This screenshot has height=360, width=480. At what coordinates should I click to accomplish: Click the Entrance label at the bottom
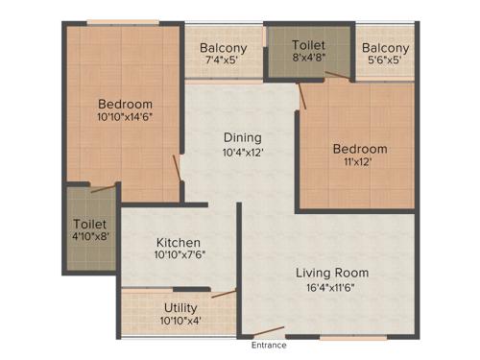[270, 345]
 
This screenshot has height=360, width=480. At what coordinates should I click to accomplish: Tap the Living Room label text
[332, 273]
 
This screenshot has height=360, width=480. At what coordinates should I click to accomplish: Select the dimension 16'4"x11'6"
[332, 287]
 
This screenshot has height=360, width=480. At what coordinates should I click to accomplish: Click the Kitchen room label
[179, 242]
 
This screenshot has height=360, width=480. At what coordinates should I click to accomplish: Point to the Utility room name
[180, 308]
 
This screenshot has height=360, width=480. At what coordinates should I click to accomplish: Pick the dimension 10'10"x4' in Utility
[180, 321]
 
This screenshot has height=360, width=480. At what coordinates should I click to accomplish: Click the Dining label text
[242, 137]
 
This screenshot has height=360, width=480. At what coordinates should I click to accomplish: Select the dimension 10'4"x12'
[242, 152]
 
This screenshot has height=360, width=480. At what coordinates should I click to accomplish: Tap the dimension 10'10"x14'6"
[126, 117]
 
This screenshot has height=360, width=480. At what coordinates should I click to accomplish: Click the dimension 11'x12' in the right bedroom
[360, 162]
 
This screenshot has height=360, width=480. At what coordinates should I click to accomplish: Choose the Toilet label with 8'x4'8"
[308, 45]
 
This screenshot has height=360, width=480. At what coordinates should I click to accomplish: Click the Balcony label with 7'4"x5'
[223, 48]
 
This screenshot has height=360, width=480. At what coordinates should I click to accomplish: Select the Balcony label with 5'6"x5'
[386, 48]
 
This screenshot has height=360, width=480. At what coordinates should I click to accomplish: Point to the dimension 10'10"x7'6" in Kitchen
[180, 255]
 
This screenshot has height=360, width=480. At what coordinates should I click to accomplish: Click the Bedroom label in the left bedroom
[126, 104]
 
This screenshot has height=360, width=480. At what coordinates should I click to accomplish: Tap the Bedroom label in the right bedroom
[360, 149]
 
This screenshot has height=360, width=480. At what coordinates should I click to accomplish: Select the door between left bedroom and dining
[177, 166]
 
